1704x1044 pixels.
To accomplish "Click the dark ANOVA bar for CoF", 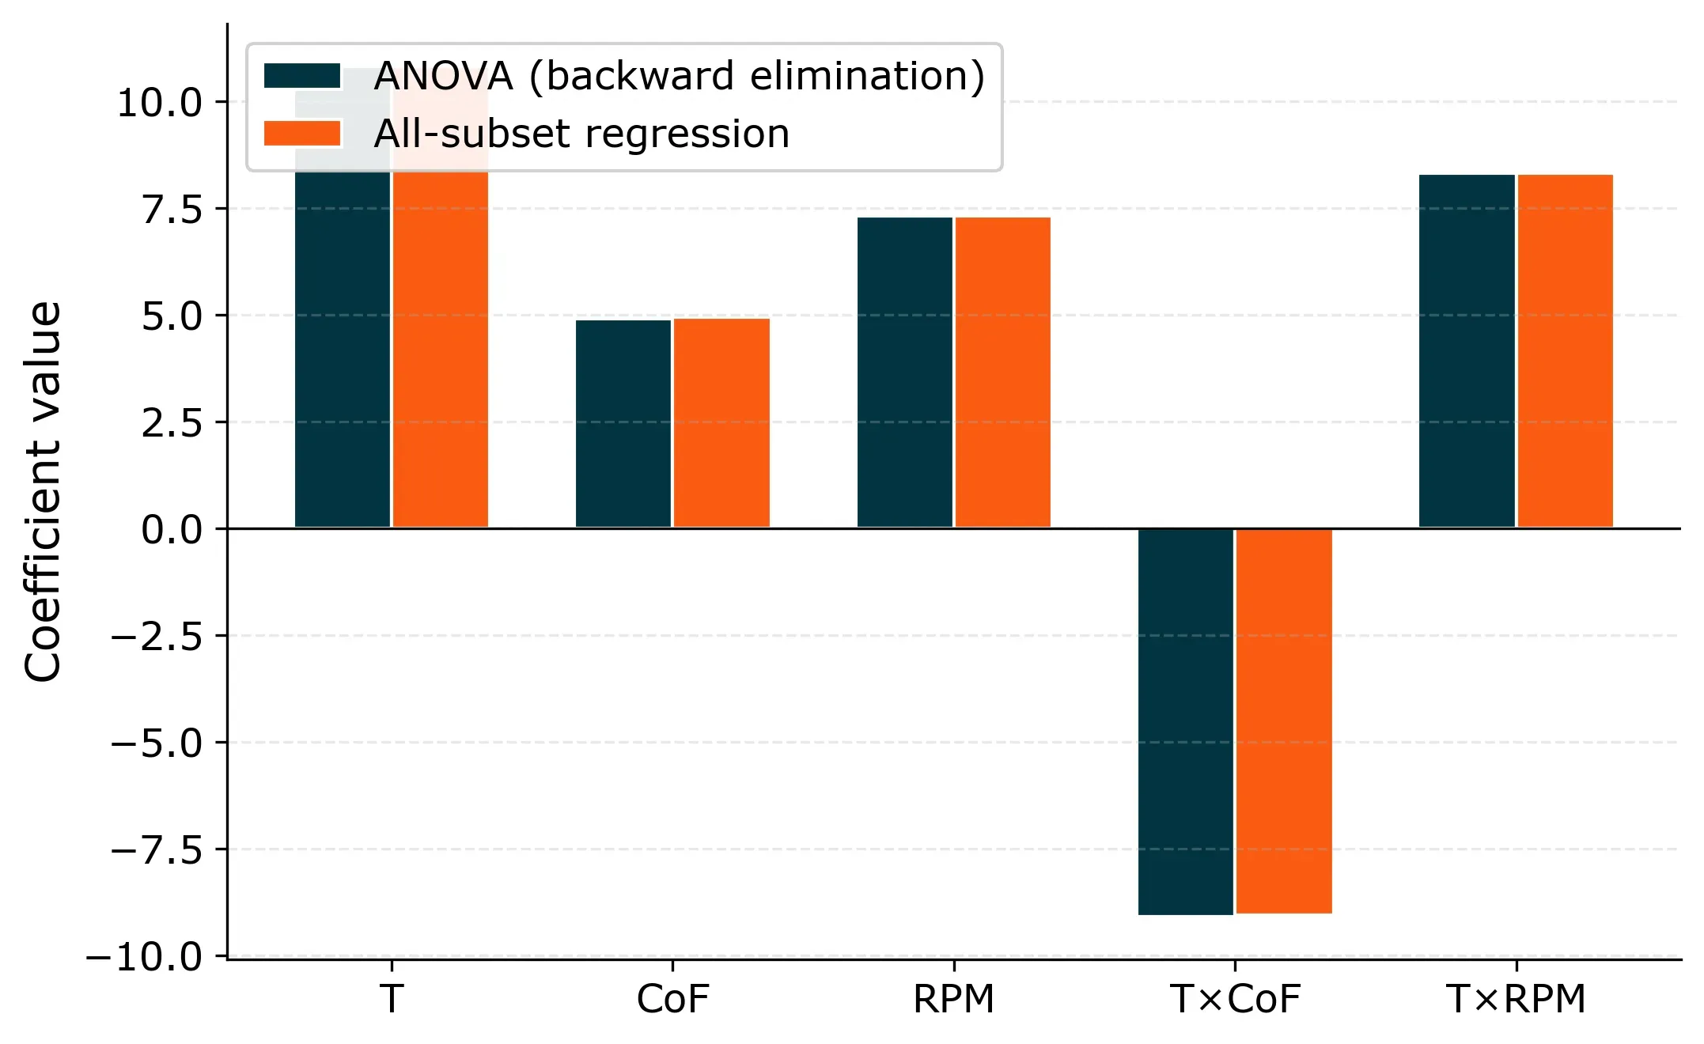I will point(623,423).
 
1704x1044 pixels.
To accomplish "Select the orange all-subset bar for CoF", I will point(721,423).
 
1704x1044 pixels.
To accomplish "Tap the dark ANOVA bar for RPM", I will point(904,372).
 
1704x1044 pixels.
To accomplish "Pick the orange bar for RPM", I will point(1002,372).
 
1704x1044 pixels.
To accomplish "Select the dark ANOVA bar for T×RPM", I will point(1467,350).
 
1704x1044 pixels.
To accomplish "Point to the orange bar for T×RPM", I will point(1565,350).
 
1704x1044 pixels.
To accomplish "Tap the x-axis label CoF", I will point(672,999).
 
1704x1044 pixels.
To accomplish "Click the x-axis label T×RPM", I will point(1516,999).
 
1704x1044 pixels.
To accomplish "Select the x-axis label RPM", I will point(953,999).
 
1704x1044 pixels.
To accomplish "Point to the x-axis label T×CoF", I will point(1234,999).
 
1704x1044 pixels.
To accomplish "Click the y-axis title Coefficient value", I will point(43,490).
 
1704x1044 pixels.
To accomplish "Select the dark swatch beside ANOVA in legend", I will point(301,76).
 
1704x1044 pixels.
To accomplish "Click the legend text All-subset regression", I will point(581,134).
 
